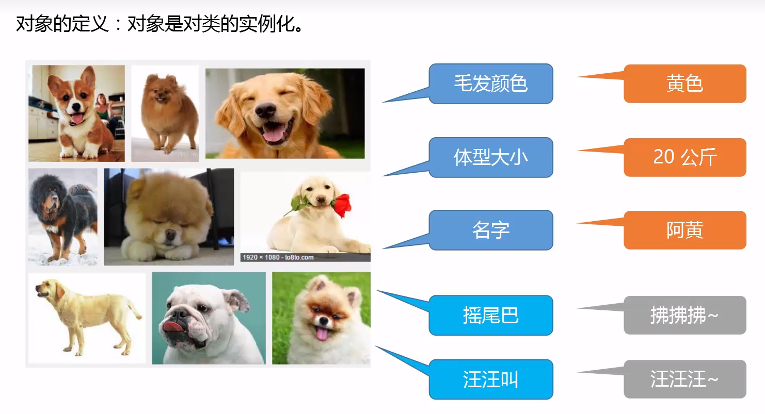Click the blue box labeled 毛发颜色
point(491,84)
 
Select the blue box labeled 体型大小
point(491,157)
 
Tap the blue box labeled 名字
point(491,230)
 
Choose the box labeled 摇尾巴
point(491,315)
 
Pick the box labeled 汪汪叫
point(491,379)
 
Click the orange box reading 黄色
point(685,84)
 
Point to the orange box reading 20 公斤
point(685,157)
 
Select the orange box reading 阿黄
point(685,230)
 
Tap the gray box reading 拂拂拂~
point(685,315)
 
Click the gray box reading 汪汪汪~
point(685,379)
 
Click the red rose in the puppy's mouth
point(343,205)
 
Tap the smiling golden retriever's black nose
point(265,110)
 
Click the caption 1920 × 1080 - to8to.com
point(278,257)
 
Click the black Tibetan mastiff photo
point(63,217)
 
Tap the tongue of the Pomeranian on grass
point(322,334)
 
